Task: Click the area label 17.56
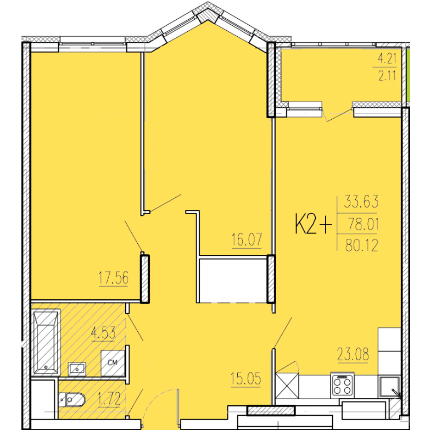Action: [113, 278]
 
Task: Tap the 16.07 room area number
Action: [247, 239]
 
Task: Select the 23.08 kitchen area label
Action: [353, 354]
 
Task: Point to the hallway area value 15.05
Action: [246, 379]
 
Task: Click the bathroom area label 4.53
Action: [103, 333]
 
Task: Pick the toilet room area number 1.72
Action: [109, 399]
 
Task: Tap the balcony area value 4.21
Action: [387, 59]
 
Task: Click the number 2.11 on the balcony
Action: [387, 75]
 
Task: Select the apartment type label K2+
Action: [314, 224]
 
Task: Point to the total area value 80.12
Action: [362, 245]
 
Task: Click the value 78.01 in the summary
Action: [364, 224]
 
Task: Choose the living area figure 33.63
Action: [361, 202]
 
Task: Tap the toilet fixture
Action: [72, 400]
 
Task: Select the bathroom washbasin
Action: [77, 369]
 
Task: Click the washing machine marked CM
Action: [113, 363]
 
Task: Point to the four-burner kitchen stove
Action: [342, 386]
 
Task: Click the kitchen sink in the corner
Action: [389, 387]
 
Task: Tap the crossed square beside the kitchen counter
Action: [287, 386]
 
